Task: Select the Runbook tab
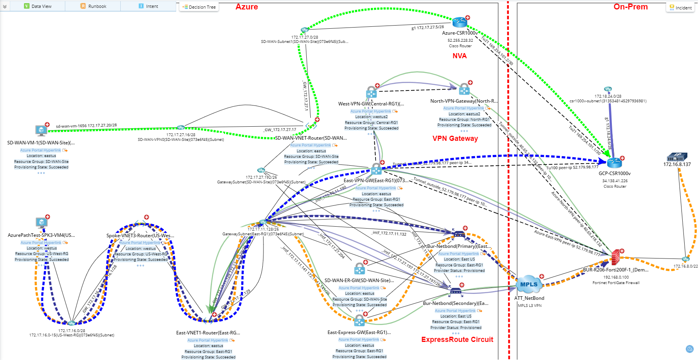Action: [93, 6]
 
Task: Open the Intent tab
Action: [148, 6]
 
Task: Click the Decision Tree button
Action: [199, 7]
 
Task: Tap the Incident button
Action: [680, 8]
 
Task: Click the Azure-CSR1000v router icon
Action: [459, 22]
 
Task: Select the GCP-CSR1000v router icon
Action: [614, 162]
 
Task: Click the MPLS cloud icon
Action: [529, 284]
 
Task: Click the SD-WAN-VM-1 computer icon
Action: [41, 130]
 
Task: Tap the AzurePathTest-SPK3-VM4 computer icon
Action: [41, 223]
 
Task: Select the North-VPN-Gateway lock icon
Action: [464, 89]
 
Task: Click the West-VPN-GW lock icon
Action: [371, 92]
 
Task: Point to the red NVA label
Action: [459, 56]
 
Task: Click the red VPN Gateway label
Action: [455, 138]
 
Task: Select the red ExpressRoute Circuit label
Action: [457, 340]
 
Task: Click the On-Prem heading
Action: [630, 7]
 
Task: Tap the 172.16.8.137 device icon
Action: [677, 157]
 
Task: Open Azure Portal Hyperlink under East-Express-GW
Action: [359, 340]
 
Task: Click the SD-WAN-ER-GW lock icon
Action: [359, 269]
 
